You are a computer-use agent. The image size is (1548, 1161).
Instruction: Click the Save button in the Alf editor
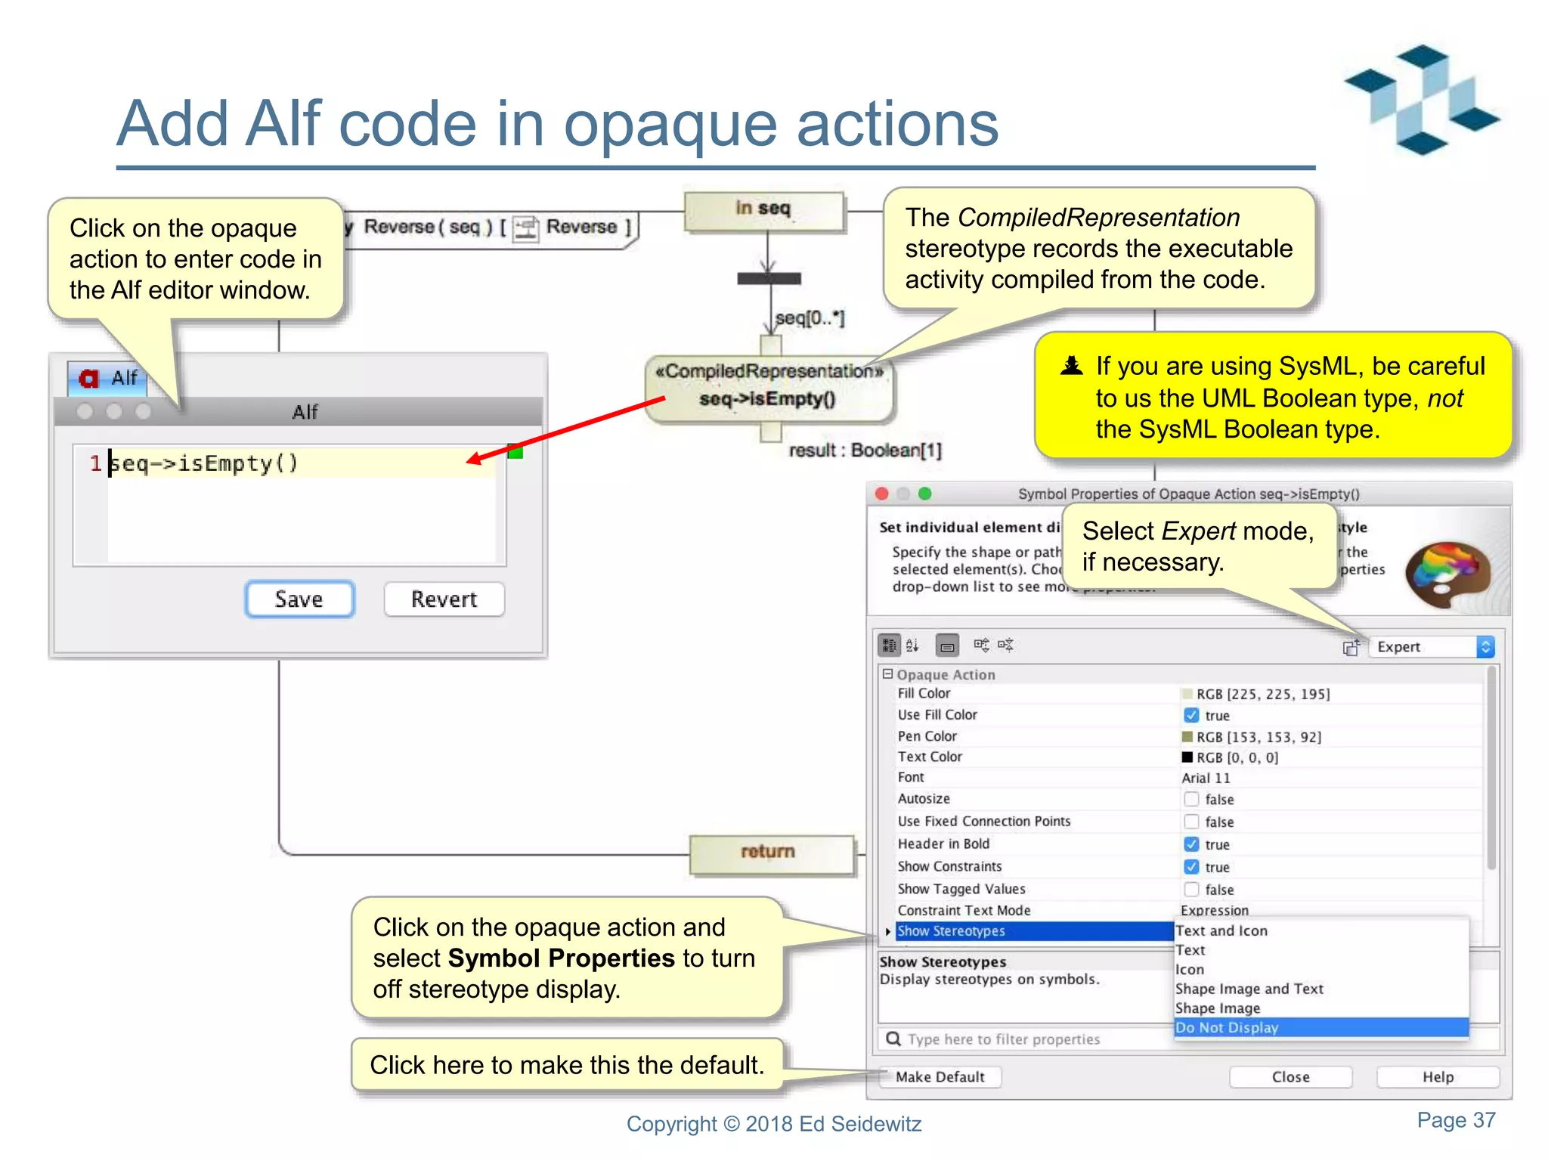coord(299,599)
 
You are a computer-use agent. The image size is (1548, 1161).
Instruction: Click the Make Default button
coord(940,1076)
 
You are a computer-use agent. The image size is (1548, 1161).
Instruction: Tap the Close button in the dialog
coord(1289,1076)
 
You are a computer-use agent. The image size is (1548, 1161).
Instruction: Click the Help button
coord(1437,1076)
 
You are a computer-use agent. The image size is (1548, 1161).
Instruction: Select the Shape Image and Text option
coord(1249,989)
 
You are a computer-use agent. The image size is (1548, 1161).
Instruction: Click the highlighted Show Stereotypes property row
coord(1033,931)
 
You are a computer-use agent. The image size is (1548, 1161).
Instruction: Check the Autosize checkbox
coord(1191,799)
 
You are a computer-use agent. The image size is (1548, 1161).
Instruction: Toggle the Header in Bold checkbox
coord(1191,844)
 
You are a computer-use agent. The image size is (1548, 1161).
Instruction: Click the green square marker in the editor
coord(515,451)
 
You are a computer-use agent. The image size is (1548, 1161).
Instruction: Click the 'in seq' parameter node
coord(763,209)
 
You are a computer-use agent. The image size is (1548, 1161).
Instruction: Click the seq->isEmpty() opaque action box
coord(768,389)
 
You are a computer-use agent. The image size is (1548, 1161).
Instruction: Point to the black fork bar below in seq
coord(769,279)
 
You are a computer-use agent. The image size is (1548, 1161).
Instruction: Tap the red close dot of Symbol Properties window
coord(881,494)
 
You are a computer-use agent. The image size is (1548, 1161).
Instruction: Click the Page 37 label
coord(1455,1120)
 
